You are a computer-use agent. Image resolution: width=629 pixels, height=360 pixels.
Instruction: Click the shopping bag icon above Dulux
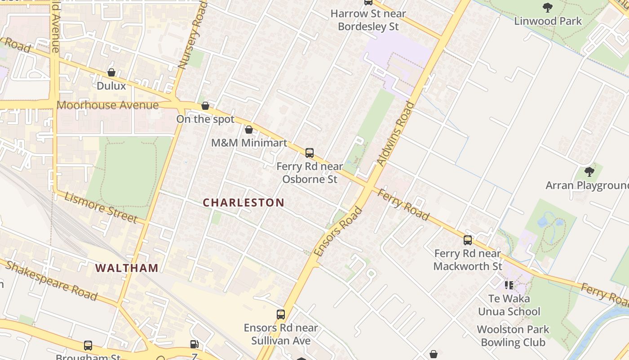[111, 72]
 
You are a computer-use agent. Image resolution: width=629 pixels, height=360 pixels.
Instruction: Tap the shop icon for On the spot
[205, 106]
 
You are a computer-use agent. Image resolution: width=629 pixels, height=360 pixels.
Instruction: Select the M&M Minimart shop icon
[249, 130]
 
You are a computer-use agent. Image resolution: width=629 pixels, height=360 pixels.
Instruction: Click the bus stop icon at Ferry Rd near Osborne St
[310, 153]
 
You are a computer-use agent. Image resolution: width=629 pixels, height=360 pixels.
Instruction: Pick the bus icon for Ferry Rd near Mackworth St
[468, 240]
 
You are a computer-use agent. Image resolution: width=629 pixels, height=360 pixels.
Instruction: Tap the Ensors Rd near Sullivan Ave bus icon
[281, 315]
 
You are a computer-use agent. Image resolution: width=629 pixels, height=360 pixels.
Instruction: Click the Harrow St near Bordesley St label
[368, 20]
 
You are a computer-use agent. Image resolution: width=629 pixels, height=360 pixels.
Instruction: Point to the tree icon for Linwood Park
[547, 8]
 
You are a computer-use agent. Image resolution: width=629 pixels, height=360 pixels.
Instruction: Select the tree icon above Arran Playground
[589, 172]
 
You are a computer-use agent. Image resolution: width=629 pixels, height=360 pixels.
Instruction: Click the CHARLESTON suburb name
[244, 202]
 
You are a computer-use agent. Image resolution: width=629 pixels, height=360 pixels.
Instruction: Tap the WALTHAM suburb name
[127, 268]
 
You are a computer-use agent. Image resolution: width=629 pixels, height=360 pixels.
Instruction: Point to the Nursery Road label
[192, 35]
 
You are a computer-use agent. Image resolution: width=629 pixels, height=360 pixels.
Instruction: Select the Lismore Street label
[101, 207]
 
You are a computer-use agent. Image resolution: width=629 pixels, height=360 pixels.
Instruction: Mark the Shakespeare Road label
[51, 280]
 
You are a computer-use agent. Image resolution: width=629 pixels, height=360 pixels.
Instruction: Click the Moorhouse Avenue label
[108, 105]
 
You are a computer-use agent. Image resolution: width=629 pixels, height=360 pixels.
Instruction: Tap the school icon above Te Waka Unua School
[509, 285]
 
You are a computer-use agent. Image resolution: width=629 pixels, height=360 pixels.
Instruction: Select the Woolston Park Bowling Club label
[513, 336]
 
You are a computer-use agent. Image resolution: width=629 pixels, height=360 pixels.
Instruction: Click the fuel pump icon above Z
[194, 344]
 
